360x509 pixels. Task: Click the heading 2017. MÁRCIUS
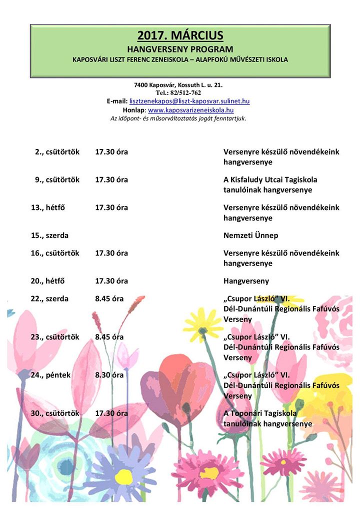(x=180, y=35)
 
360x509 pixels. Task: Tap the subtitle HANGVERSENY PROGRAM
(x=180, y=49)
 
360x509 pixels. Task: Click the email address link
(x=189, y=101)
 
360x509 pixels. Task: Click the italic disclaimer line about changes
(x=178, y=118)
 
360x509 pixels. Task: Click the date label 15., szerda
(x=49, y=235)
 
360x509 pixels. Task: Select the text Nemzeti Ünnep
(x=250, y=235)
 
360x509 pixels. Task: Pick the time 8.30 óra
(x=109, y=375)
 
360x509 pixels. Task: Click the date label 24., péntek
(x=50, y=375)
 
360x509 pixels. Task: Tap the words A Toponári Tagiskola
(x=260, y=413)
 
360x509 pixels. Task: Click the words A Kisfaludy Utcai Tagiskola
(x=270, y=180)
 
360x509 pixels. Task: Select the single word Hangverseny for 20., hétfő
(x=246, y=281)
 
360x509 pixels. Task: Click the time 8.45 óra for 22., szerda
(x=109, y=299)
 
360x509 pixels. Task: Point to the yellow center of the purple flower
(x=123, y=476)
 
